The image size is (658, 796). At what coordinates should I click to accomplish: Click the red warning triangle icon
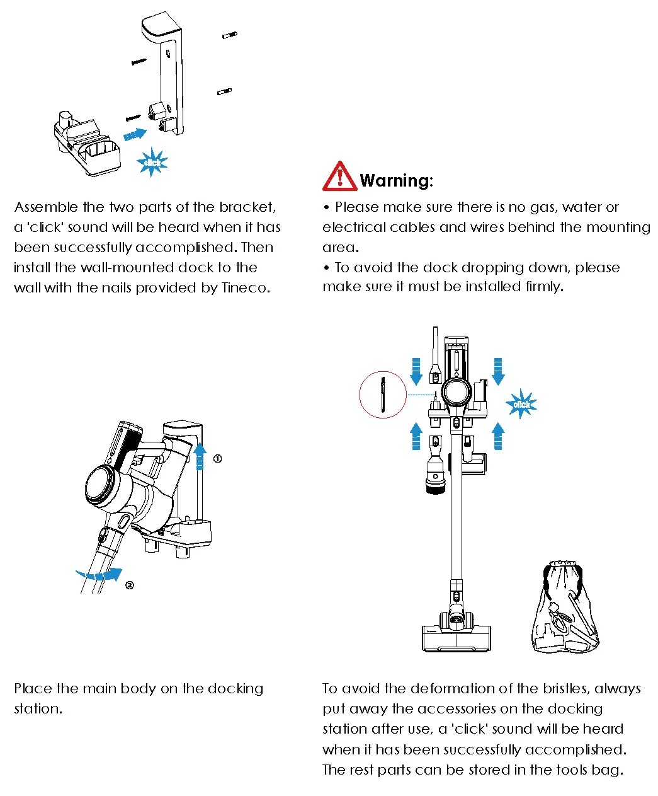(x=339, y=177)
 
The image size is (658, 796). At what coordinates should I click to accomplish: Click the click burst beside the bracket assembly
(x=152, y=162)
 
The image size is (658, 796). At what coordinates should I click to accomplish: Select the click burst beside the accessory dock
(x=521, y=404)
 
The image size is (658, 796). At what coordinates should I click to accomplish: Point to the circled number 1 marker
(x=217, y=459)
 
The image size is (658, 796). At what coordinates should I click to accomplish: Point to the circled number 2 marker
(x=129, y=585)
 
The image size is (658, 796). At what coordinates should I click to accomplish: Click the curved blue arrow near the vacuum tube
(x=99, y=574)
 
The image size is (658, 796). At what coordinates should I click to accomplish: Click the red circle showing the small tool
(x=383, y=395)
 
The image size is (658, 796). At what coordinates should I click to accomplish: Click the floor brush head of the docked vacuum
(x=456, y=637)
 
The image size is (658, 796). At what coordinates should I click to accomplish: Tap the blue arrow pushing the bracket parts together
(x=134, y=134)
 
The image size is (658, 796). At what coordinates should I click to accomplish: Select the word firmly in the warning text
(x=543, y=287)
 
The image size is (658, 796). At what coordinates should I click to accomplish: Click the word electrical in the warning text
(x=353, y=228)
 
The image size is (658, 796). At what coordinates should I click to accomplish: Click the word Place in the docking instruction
(x=33, y=689)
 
